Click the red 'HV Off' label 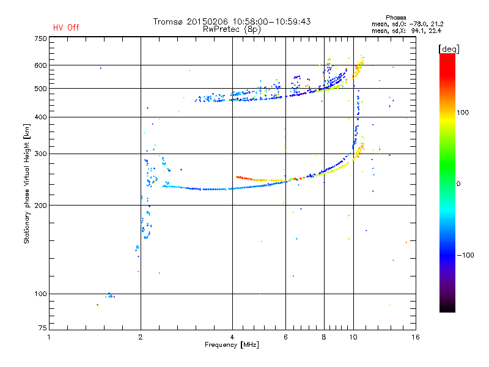tap(66, 28)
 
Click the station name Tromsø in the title tap(169, 21)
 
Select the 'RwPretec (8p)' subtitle tap(232, 29)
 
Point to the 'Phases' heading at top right tap(395, 18)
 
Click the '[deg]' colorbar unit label tap(449, 49)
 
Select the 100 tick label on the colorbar tap(463, 113)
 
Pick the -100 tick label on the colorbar tap(465, 255)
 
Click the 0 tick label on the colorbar tap(458, 184)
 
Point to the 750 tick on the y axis tap(40, 39)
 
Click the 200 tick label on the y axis tap(40, 206)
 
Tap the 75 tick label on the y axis tap(43, 328)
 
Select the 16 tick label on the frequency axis tap(416, 337)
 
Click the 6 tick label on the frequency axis tap(285, 337)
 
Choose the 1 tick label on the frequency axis tap(49, 337)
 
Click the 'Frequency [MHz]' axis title tap(232, 345)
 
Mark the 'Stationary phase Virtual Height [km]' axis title tap(26, 184)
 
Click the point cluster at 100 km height tap(110, 295)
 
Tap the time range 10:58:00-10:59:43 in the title tap(271, 21)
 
